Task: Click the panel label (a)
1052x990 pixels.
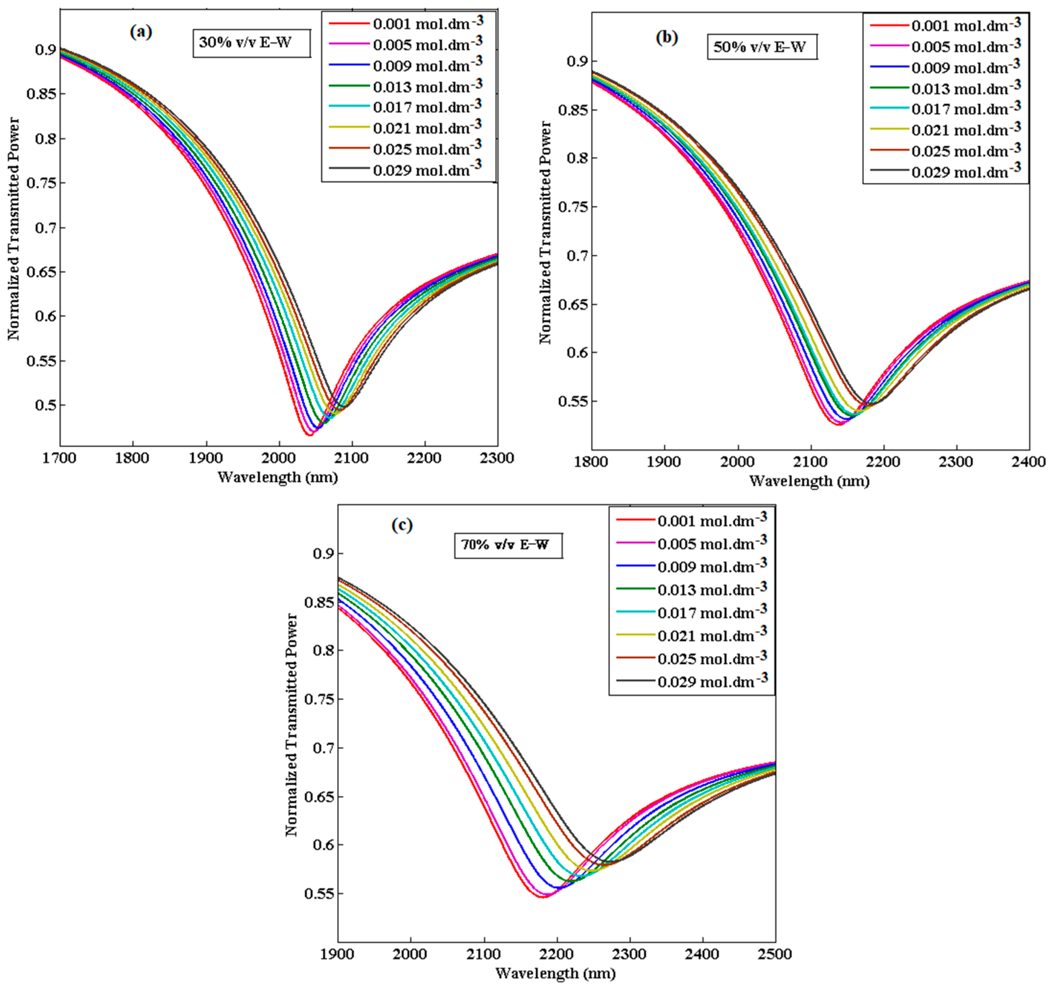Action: [x=141, y=33]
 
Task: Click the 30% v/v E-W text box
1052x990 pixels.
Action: [x=246, y=43]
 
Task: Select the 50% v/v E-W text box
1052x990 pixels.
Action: [x=760, y=47]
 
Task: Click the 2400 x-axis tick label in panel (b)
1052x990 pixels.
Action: [x=1029, y=462]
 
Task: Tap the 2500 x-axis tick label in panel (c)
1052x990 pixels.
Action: [x=775, y=954]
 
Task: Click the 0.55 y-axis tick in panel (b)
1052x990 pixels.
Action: [x=573, y=402]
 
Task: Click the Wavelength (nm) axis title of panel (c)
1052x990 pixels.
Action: [x=555, y=972]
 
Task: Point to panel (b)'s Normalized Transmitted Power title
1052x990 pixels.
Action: [x=545, y=233]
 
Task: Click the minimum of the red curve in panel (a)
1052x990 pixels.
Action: [x=310, y=434]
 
